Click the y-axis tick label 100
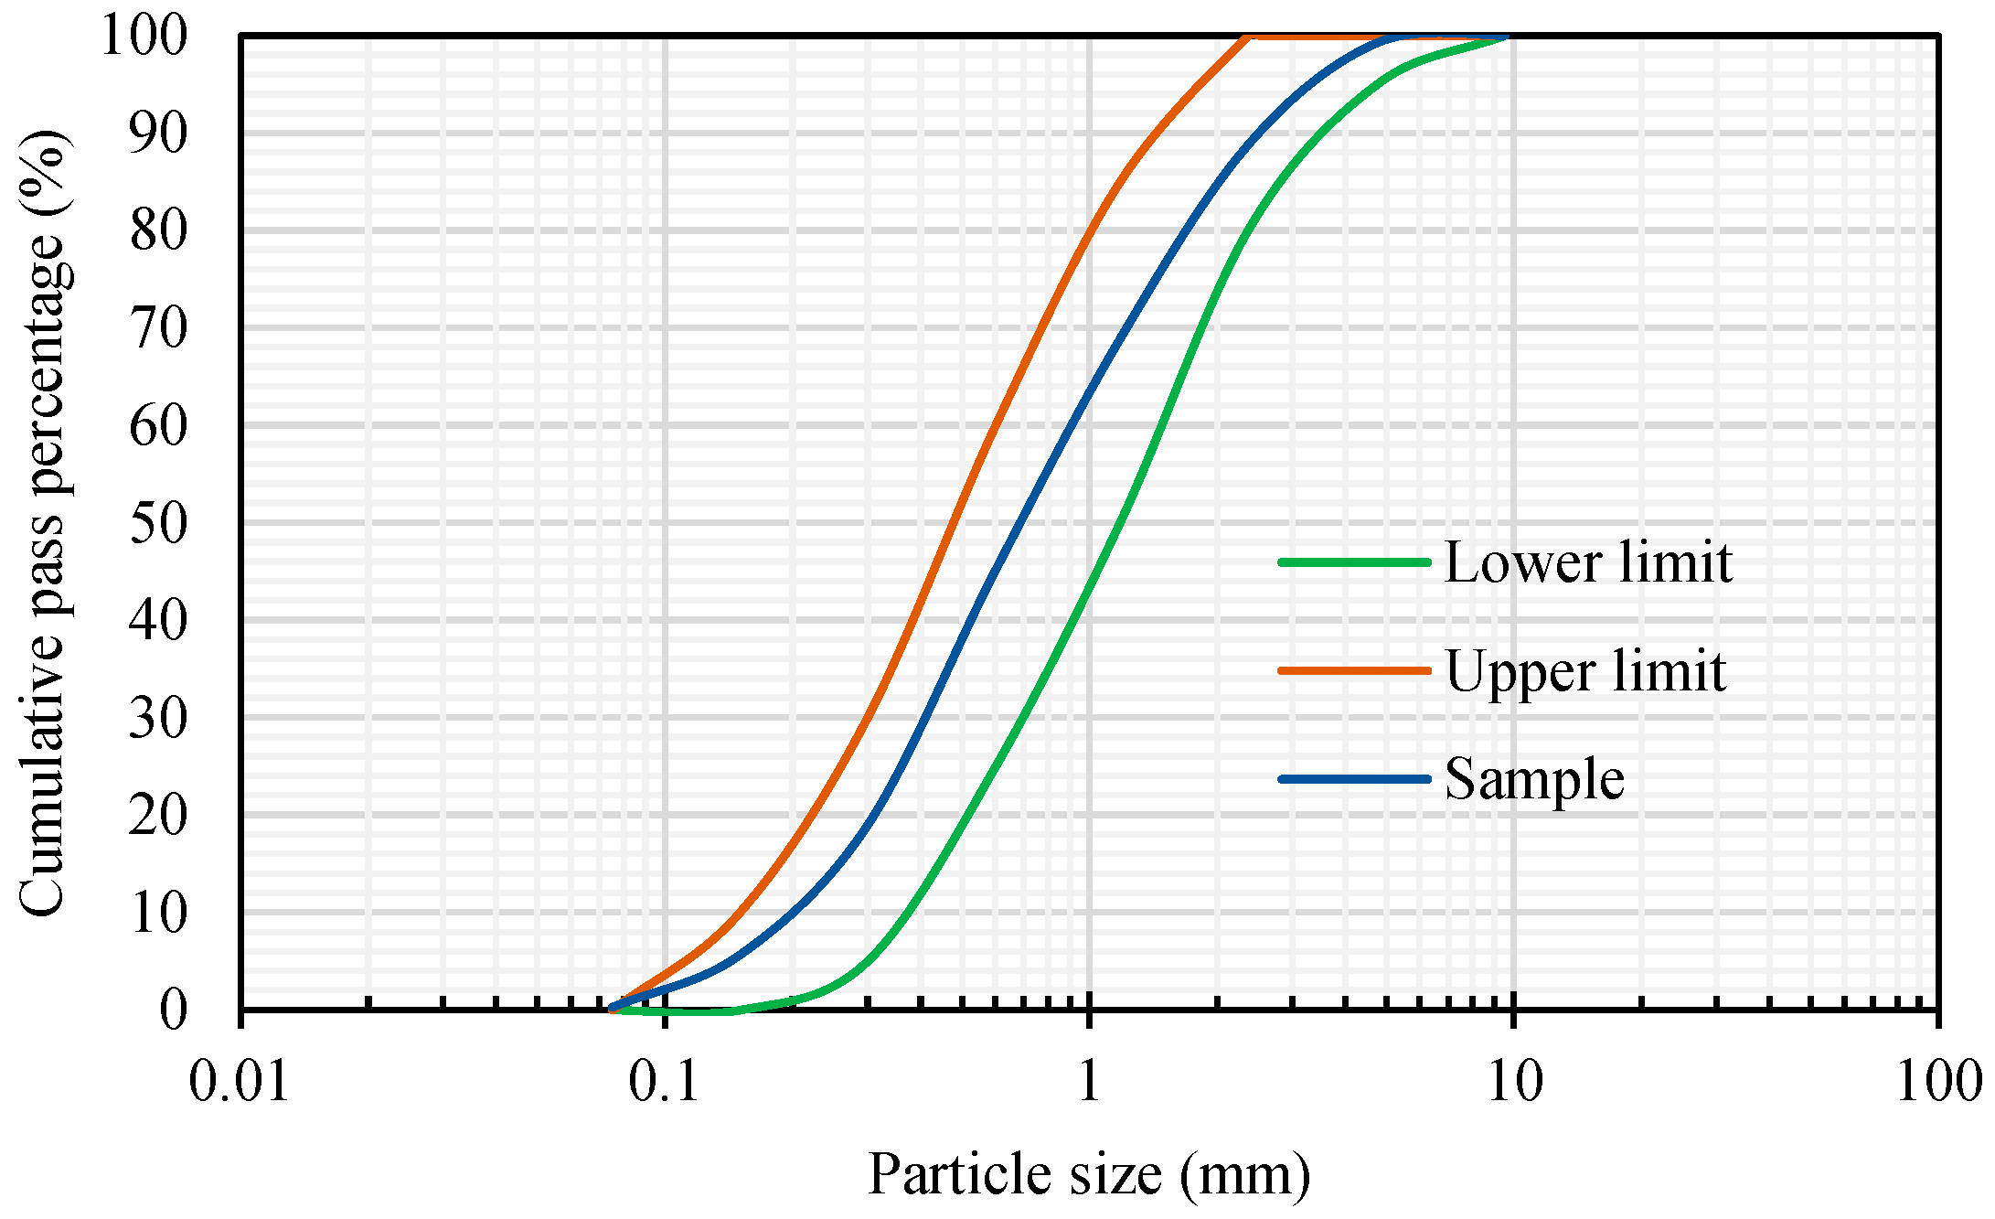pos(144,37)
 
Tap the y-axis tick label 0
pos(174,1010)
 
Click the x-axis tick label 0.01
pos(240,1081)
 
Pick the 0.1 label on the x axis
pos(664,1081)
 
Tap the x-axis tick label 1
pos(1088,1081)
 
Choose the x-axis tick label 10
pos(1514,1081)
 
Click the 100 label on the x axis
pos(1936,1081)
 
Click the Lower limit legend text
pos(1588,562)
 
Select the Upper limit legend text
pos(1585,671)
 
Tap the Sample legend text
pos(1534,779)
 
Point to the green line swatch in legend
pos(1353,562)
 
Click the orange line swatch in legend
pos(1353,670)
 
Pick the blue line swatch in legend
pos(1353,779)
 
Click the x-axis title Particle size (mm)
pos(1088,1174)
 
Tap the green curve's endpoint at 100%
pos(1505,37)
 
